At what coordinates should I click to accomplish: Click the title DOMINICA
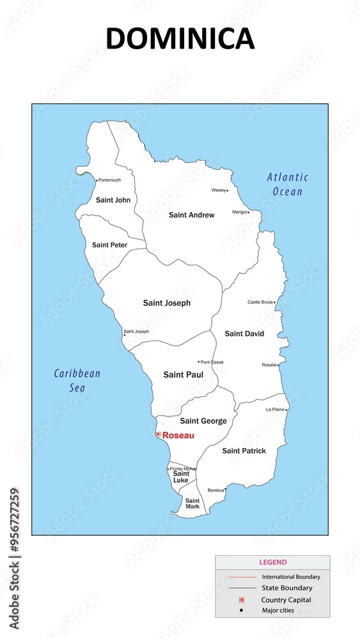(x=180, y=38)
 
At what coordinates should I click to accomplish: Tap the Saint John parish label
(x=113, y=200)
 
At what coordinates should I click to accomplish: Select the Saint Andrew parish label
(x=191, y=215)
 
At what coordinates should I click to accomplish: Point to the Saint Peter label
(x=109, y=245)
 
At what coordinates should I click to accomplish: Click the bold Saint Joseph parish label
(x=167, y=303)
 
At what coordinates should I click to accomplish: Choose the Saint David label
(x=244, y=334)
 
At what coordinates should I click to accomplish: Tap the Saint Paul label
(x=183, y=374)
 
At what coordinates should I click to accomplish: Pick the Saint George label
(x=203, y=421)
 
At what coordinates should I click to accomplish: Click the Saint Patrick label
(x=244, y=450)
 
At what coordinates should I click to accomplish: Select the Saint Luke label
(x=181, y=477)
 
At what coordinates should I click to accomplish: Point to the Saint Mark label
(x=192, y=503)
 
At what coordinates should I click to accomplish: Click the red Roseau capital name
(x=178, y=435)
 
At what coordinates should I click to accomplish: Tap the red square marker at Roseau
(x=158, y=434)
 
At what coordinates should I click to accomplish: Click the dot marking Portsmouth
(x=97, y=181)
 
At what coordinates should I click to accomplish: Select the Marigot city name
(x=240, y=212)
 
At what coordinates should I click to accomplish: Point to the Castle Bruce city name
(x=260, y=302)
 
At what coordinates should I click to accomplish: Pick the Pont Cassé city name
(x=212, y=362)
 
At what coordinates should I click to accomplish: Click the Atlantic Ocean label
(x=288, y=184)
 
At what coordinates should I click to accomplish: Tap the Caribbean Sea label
(x=77, y=380)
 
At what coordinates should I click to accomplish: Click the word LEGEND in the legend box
(x=273, y=562)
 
